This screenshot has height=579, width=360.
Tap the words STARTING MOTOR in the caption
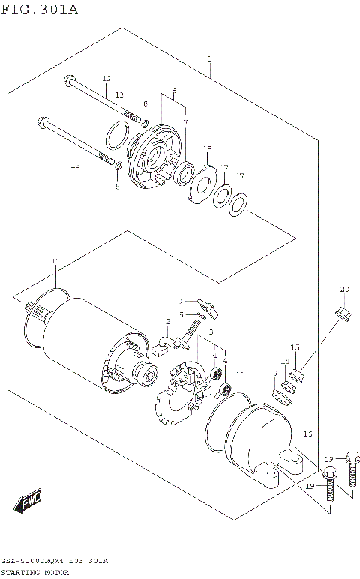(x=35, y=572)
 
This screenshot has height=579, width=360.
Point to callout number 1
(x=210, y=59)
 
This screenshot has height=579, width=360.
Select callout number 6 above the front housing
(x=174, y=91)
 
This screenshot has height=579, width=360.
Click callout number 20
(x=344, y=289)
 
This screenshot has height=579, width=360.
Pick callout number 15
(x=295, y=346)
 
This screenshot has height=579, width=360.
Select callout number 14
(x=285, y=361)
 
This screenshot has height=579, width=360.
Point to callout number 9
(x=275, y=373)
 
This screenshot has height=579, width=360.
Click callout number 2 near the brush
(x=168, y=321)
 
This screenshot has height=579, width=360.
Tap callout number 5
(x=181, y=314)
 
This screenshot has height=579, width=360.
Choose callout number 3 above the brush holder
(x=211, y=332)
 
